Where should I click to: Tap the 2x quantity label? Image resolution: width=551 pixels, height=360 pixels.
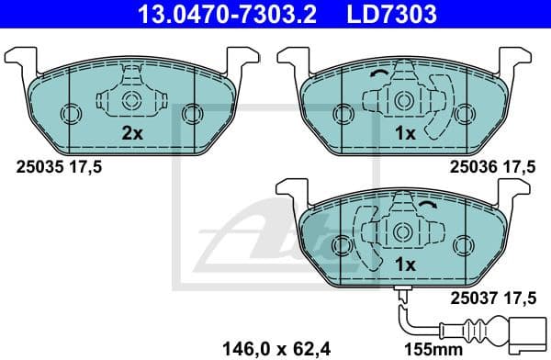coord(133,134)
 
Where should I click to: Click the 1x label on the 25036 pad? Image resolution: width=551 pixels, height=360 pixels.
coord(405,134)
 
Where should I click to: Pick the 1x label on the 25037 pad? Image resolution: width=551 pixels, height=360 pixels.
coord(405,265)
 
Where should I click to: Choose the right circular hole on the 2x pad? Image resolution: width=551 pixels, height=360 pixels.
coord(191,114)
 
